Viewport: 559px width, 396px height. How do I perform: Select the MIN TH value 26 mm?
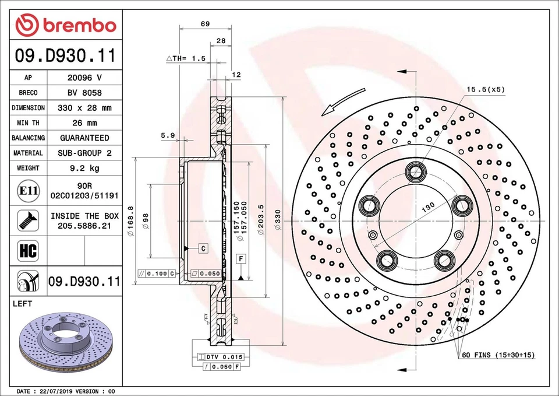pyautogui.click(x=84, y=123)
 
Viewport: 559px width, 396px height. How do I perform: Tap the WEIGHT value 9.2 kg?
pyautogui.click(x=84, y=168)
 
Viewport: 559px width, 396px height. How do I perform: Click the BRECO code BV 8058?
pyautogui.click(x=84, y=93)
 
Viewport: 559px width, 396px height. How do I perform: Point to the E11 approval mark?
pyautogui.click(x=28, y=190)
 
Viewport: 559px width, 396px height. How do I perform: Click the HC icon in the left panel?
pyautogui.click(x=28, y=251)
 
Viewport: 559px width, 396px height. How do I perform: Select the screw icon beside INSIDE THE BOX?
pyautogui.click(x=28, y=220)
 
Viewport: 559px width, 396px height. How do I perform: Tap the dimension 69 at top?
pyautogui.click(x=205, y=24)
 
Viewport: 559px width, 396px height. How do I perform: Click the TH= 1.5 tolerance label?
pyautogui.click(x=186, y=58)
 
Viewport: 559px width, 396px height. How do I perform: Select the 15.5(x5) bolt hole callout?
pyautogui.click(x=484, y=90)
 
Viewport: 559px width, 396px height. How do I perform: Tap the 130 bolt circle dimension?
pyautogui.click(x=428, y=208)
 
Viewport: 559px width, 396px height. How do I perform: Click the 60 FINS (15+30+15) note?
pyautogui.click(x=498, y=355)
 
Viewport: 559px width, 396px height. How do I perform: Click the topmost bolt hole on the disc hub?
pyautogui.click(x=415, y=171)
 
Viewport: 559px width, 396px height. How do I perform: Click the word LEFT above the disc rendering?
pyautogui.click(x=22, y=304)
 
